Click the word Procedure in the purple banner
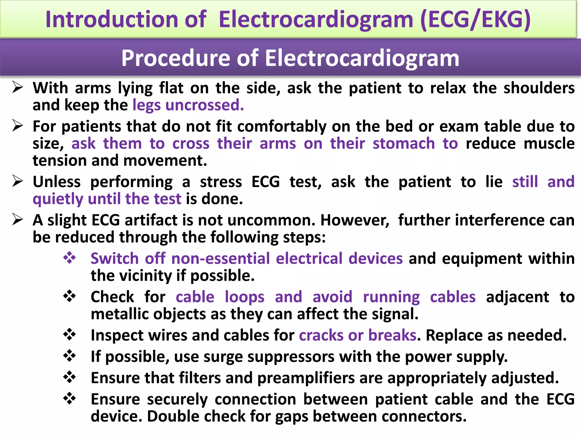[x=176, y=58]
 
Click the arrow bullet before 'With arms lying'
[x=18, y=87]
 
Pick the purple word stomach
[x=403, y=143]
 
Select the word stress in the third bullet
[x=221, y=182]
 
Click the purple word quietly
[x=58, y=199]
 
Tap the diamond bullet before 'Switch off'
[x=70, y=258]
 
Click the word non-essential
[x=220, y=259]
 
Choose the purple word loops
[x=245, y=297]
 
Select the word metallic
[x=113, y=314]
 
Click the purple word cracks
[x=321, y=335]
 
